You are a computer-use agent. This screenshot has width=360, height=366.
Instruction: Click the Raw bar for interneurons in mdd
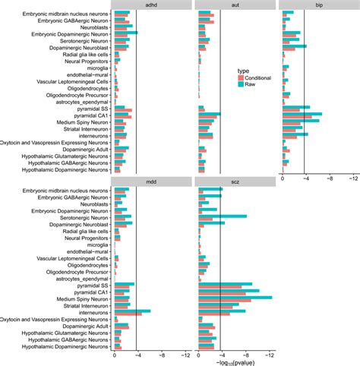coord(132,310)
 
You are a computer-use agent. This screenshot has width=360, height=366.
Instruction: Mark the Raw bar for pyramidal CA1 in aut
coord(209,113)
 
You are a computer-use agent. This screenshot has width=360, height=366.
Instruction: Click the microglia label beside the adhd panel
coord(97,68)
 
